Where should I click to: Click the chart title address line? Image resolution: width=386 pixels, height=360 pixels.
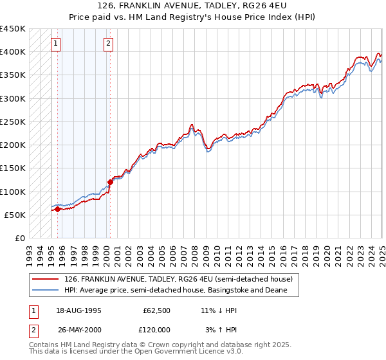[192, 6]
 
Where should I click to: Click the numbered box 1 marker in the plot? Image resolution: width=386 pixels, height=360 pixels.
[57, 44]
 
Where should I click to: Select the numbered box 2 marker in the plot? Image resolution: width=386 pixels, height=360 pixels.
[108, 44]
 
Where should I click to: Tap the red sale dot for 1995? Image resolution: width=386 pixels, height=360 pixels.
[57, 209]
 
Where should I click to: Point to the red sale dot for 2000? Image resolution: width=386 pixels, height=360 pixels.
[110, 182]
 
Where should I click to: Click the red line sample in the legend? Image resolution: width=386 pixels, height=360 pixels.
[46, 279]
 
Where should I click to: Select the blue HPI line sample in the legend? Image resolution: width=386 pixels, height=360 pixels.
[46, 291]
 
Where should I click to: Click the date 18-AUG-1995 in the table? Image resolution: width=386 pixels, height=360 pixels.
[78, 310]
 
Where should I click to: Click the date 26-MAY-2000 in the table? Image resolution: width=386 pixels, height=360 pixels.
[79, 330]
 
